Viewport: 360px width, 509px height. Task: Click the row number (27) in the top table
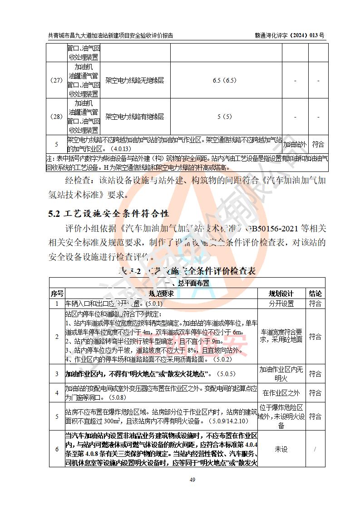pyautogui.click(x=56, y=80)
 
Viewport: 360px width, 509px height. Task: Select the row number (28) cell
pyautogui.click(x=56, y=117)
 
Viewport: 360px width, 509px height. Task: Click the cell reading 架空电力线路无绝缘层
pyautogui.click(x=134, y=80)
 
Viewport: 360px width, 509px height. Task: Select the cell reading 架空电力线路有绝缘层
pyautogui.click(x=134, y=117)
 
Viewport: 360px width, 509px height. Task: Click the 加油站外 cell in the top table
pyautogui.click(x=295, y=145)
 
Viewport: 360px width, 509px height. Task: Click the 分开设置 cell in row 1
pyautogui.click(x=281, y=303)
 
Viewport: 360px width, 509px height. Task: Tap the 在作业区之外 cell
pyautogui.click(x=281, y=393)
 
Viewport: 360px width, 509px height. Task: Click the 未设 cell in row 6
pyautogui.click(x=281, y=449)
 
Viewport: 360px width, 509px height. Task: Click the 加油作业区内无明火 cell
pyautogui.click(x=281, y=374)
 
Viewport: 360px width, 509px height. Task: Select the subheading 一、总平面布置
pyautogui.click(x=187, y=283)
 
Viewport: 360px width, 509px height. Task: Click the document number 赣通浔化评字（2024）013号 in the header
pyautogui.click(x=290, y=35)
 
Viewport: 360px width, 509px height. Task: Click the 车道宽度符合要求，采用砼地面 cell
pyautogui.click(x=281, y=336)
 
